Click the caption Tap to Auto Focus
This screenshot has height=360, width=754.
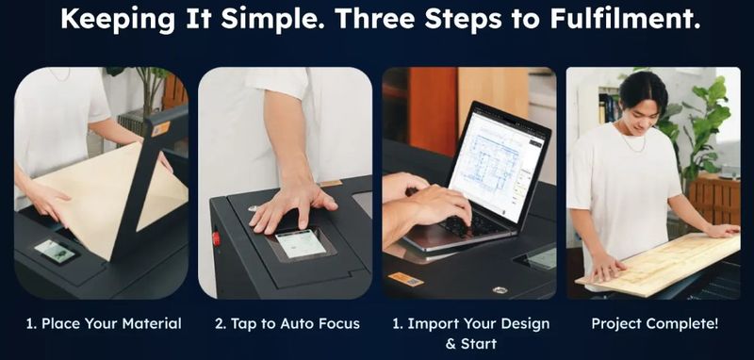point(287,323)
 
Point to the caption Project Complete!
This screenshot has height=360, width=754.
point(654,323)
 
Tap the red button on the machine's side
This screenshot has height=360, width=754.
point(216,238)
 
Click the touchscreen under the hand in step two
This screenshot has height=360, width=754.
point(301,243)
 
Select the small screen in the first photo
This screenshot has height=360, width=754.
point(55,251)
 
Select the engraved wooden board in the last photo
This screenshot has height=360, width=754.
point(658,265)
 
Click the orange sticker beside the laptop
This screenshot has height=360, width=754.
point(405,279)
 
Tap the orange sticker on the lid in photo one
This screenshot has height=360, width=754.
point(160,129)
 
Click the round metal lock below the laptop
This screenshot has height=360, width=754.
point(500,290)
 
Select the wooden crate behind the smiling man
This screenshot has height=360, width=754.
point(714,201)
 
